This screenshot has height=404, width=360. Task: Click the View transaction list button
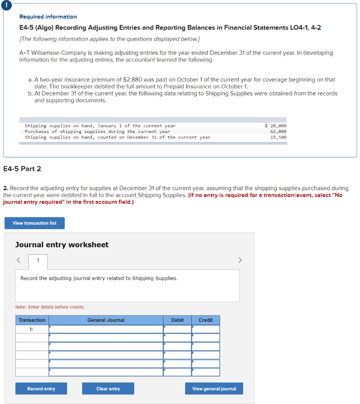(34, 223)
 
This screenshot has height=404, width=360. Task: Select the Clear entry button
(108, 389)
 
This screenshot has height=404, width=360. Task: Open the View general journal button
(214, 389)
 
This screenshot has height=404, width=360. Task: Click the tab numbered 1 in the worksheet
(38, 260)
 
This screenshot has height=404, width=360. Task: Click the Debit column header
(177, 320)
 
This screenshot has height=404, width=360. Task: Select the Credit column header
(205, 320)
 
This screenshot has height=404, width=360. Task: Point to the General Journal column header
(106, 320)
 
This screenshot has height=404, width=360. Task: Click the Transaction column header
(32, 320)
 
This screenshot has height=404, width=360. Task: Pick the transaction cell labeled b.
(32, 329)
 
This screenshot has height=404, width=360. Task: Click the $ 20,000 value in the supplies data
(276, 126)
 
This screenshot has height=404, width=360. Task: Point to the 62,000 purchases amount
(278, 131)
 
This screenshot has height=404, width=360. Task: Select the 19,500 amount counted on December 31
(278, 137)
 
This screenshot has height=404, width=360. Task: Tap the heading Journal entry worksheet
(62, 245)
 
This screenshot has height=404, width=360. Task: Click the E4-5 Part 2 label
(22, 169)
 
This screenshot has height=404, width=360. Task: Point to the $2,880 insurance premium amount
(133, 80)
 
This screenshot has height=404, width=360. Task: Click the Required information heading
(48, 17)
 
